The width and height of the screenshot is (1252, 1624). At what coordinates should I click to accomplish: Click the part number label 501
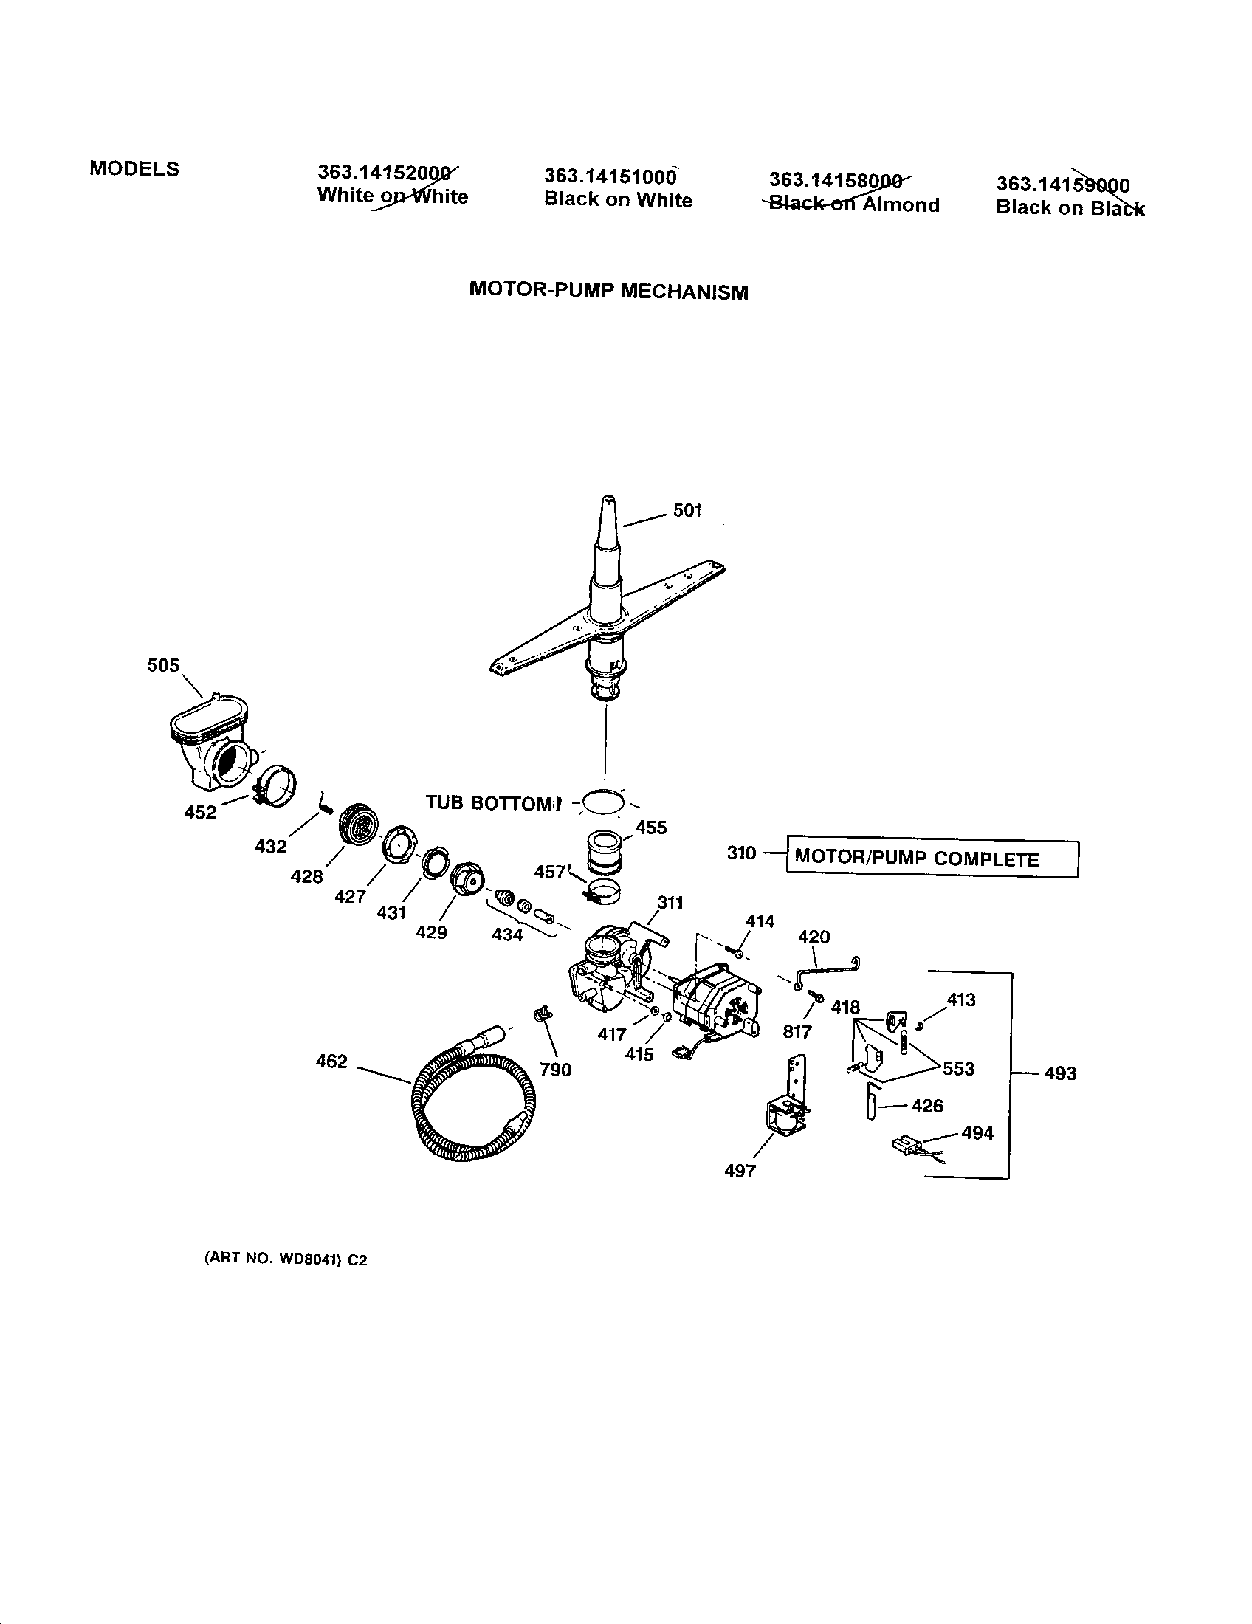(687, 510)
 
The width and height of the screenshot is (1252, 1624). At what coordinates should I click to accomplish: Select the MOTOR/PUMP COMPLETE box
(932, 859)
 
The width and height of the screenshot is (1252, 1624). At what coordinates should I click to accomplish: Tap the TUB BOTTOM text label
(492, 803)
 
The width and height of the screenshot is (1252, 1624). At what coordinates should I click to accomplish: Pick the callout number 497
(740, 1171)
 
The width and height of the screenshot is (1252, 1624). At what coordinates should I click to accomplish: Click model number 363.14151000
(610, 176)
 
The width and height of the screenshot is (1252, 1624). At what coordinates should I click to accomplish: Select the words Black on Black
(1070, 208)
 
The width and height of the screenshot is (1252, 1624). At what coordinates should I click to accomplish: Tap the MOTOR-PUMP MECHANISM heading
(608, 291)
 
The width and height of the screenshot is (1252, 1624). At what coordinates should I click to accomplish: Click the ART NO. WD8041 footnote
(286, 1259)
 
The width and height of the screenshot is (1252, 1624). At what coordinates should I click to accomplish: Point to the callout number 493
(1060, 1073)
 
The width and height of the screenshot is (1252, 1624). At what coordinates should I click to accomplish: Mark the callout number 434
(508, 935)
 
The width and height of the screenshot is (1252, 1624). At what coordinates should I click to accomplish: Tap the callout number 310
(741, 853)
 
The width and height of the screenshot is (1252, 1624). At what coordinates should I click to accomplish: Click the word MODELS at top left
(134, 169)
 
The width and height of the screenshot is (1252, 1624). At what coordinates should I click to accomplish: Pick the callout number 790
(555, 1070)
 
